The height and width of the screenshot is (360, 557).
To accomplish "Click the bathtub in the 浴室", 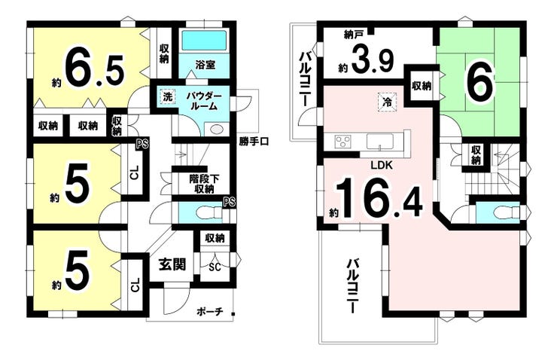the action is [204, 40].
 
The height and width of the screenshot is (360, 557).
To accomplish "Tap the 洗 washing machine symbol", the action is [167, 96].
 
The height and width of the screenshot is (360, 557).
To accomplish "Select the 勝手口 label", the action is [254, 142].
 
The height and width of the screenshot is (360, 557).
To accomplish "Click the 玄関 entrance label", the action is [172, 264].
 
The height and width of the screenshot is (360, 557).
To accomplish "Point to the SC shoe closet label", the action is [215, 267].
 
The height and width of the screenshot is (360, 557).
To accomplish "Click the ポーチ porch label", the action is [209, 312].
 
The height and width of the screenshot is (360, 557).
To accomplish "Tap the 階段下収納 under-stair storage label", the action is [204, 184].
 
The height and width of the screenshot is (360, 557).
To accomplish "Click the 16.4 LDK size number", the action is [379, 199].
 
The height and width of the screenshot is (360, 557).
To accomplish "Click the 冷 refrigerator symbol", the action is [387, 102].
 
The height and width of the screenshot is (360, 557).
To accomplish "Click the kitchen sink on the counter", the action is [380, 142].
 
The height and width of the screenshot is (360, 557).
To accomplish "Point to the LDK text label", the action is [382, 165].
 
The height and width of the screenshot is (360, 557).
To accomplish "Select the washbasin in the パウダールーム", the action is [215, 129].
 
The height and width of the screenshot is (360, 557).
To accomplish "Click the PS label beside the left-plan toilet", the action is [230, 202].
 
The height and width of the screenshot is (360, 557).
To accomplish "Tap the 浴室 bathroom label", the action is [205, 65].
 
